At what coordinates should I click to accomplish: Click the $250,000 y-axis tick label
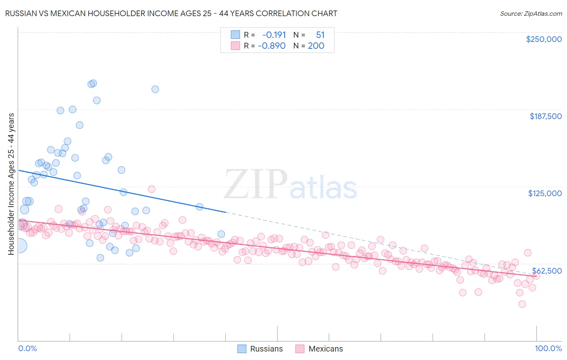tap(544, 39)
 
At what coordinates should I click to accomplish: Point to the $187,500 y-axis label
tap(545, 116)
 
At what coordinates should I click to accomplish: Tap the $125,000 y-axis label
tap(545, 193)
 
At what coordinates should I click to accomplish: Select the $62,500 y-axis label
tap(546, 271)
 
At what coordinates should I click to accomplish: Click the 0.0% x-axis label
tap(27, 348)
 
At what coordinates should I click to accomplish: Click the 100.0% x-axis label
tap(548, 348)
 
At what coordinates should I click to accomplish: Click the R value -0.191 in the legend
tap(274, 35)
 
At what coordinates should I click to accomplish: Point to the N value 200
tap(316, 46)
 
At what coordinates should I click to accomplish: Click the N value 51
tap(320, 35)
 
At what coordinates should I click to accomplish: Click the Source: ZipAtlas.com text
tap(531, 13)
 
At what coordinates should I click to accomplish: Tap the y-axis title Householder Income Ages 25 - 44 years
tap(11, 184)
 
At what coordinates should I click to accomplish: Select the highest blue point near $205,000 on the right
tap(155, 89)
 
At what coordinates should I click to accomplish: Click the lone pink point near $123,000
tap(152, 189)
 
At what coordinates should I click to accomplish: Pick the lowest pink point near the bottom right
tap(522, 304)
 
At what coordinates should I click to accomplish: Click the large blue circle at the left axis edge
tap(19, 245)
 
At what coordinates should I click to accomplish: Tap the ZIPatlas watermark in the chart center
tap(290, 185)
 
